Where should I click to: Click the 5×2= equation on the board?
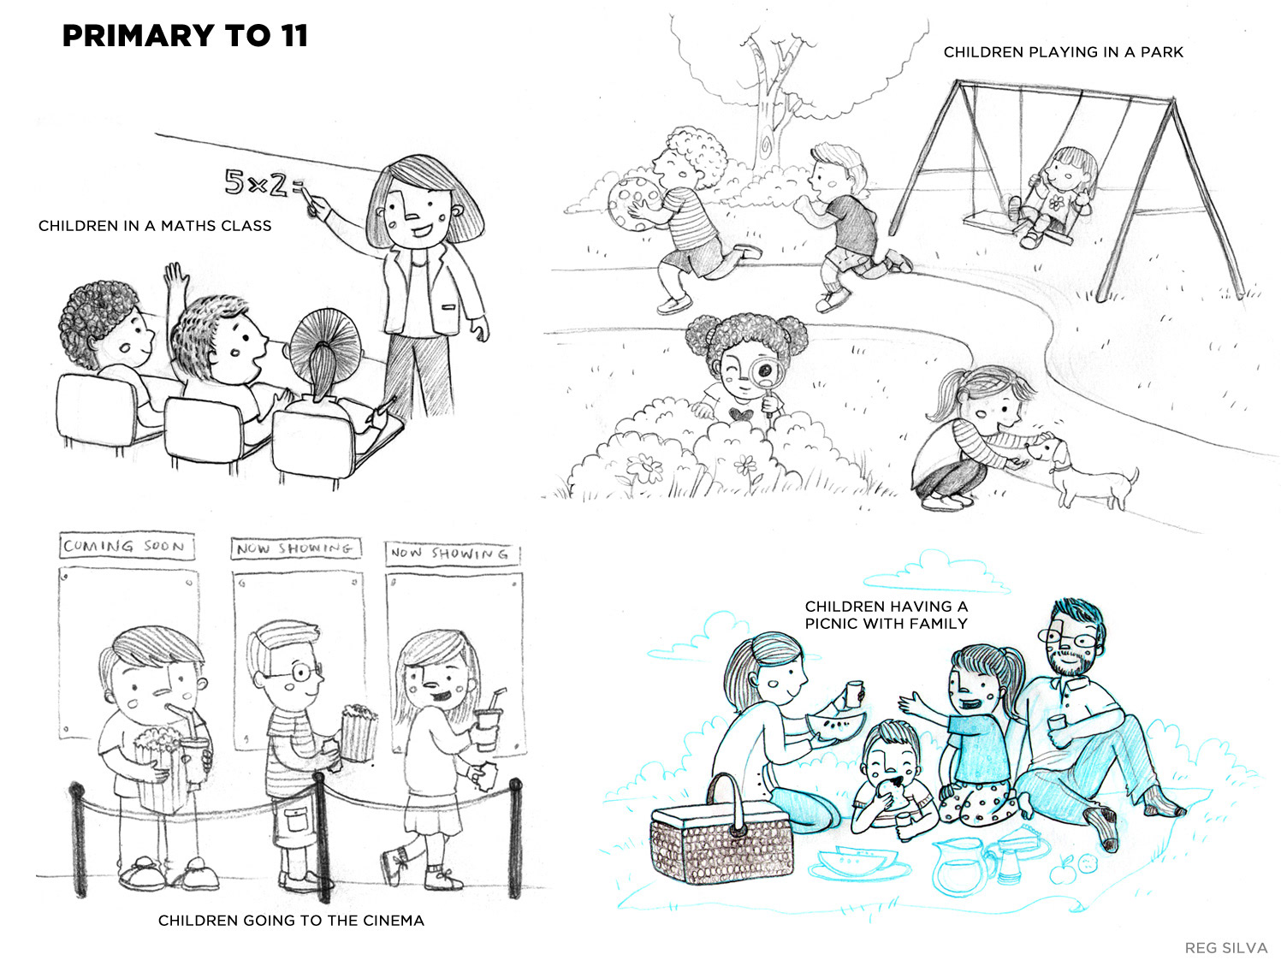click(264, 183)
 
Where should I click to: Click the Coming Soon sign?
click(126, 545)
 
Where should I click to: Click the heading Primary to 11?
click(185, 36)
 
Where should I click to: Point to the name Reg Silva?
click(1225, 948)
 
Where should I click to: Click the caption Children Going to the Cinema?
click(291, 920)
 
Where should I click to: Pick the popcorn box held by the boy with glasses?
click(358, 732)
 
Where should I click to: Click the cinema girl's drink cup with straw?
click(487, 721)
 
